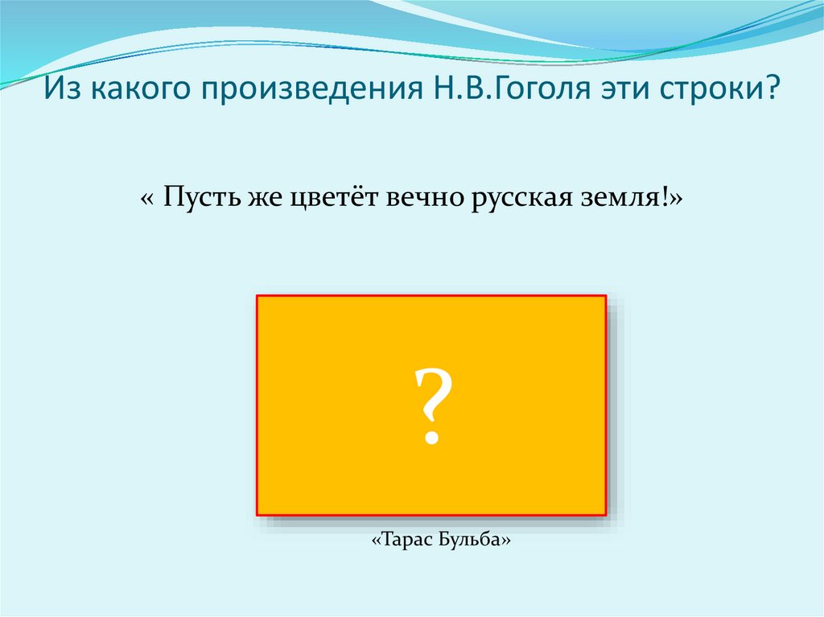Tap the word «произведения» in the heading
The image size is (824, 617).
click(313, 89)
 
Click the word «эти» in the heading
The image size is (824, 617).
click(625, 89)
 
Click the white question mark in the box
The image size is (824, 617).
click(433, 405)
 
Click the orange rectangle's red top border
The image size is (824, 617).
click(431, 296)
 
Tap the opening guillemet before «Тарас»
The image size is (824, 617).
click(376, 541)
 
